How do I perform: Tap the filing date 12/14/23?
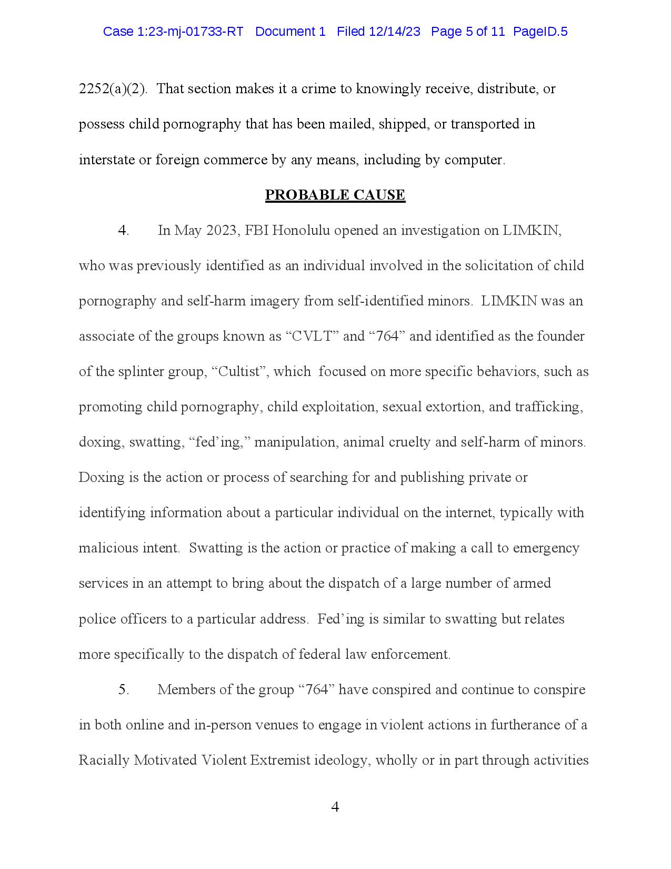coord(394,32)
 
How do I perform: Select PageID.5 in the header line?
coord(540,32)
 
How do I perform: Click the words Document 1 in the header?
coord(290,32)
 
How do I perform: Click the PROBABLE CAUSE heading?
coord(335,195)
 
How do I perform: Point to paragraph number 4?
coord(123,231)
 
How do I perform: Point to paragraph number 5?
coord(123,690)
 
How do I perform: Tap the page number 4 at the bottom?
coord(335,807)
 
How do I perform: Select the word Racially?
coord(104,761)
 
